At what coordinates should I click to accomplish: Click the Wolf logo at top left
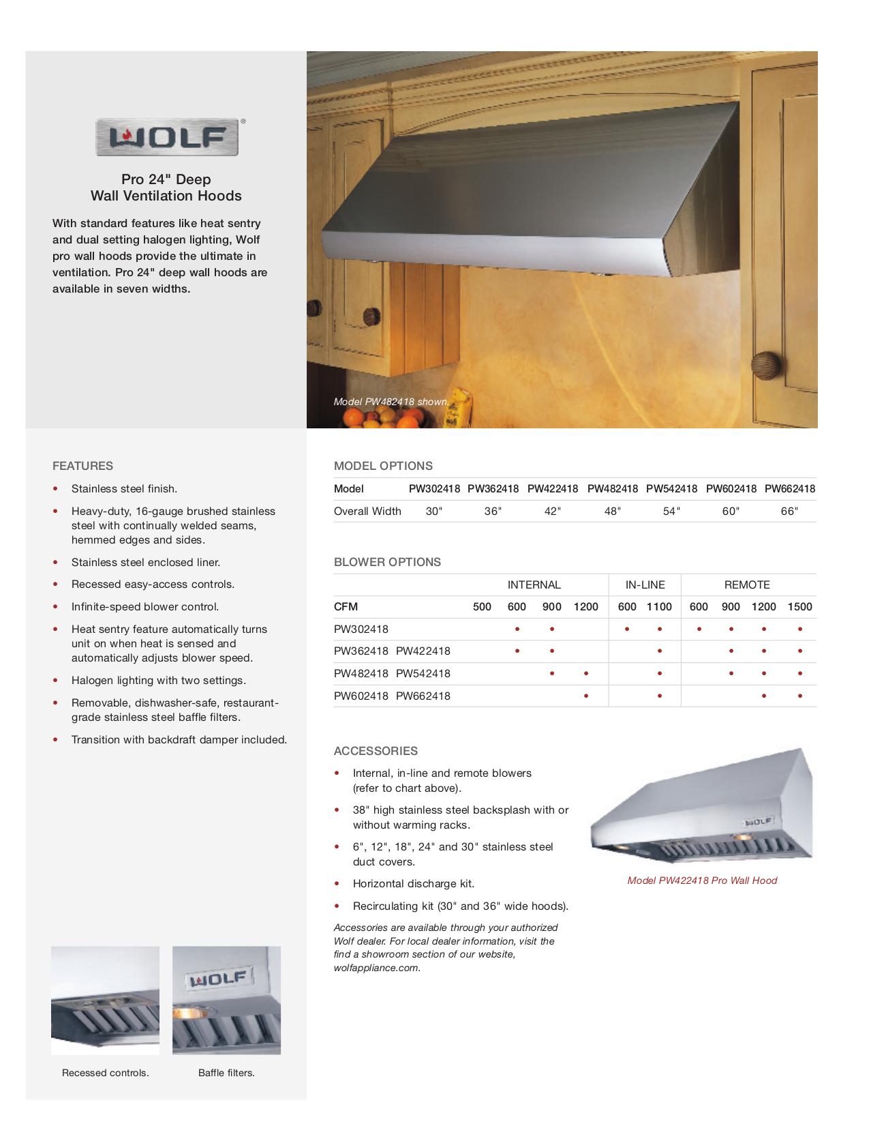[167, 137]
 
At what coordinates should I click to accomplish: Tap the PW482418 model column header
[612, 488]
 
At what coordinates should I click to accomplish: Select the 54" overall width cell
[671, 511]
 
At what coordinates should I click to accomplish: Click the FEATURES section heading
[82, 466]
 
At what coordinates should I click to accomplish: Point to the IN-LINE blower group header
[645, 584]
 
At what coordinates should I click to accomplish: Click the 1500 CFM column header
[799, 606]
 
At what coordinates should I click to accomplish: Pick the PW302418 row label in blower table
[361, 629]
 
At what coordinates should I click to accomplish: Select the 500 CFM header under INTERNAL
[482, 606]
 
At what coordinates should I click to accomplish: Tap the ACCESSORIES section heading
[376, 751]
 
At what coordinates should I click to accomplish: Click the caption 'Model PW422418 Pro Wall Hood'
[702, 880]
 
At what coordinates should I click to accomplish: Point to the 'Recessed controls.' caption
[106, 1073]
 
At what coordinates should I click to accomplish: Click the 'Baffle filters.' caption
[226, 1073]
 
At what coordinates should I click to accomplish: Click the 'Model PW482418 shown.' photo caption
[391, 402]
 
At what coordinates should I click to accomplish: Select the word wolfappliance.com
[376, 968]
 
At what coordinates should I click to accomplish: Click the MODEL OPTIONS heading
[383, 466]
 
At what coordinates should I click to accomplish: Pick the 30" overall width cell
[434, 511]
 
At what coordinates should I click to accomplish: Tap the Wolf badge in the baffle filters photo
[219, 979]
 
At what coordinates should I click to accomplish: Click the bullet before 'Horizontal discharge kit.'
[337, 884]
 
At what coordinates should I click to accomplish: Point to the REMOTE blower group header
[747, 584]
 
